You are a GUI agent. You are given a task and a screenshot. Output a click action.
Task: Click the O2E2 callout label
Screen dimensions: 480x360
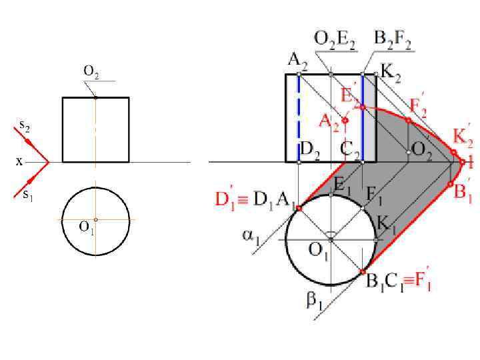(334, 41)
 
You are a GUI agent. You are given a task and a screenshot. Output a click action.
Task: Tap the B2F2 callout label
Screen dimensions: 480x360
(393, 41)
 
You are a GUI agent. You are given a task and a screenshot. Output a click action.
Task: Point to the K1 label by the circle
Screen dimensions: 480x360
(386, 223)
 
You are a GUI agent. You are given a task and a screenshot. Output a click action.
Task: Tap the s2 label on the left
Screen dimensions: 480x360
(25, 127)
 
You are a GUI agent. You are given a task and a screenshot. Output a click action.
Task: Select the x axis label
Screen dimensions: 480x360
(19, 161)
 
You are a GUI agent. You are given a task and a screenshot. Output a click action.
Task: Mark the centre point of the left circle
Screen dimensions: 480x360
(95, 219)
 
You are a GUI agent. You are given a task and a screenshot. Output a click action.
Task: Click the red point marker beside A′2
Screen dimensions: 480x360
(345, 120)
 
